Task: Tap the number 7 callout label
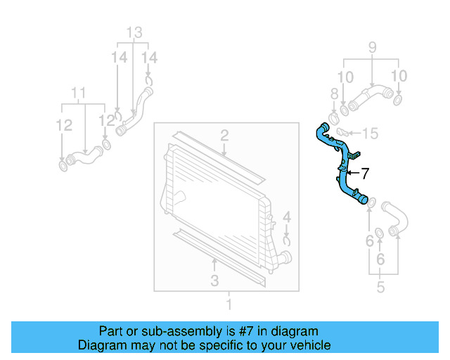(364, 172)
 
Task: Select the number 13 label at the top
(134, 32)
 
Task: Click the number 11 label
(79, 92)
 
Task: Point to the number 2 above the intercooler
(224, 135)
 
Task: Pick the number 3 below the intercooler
(214, 281)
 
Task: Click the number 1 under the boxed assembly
(228, 304)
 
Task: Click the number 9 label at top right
(372, 48)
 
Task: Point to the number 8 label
(335, 94)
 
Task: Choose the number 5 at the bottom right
(380, 287)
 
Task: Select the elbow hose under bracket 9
(369, 96)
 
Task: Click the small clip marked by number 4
(287, 240)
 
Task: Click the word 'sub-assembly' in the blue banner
(168, 330)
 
